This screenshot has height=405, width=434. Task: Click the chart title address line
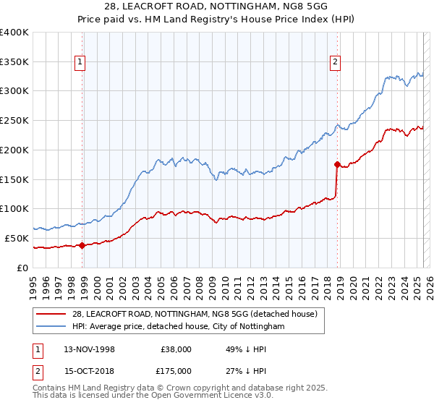(217, 8)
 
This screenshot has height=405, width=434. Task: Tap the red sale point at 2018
(337, 164)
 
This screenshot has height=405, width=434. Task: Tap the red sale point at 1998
(82, 245)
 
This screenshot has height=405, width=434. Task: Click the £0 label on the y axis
(23, 268)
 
